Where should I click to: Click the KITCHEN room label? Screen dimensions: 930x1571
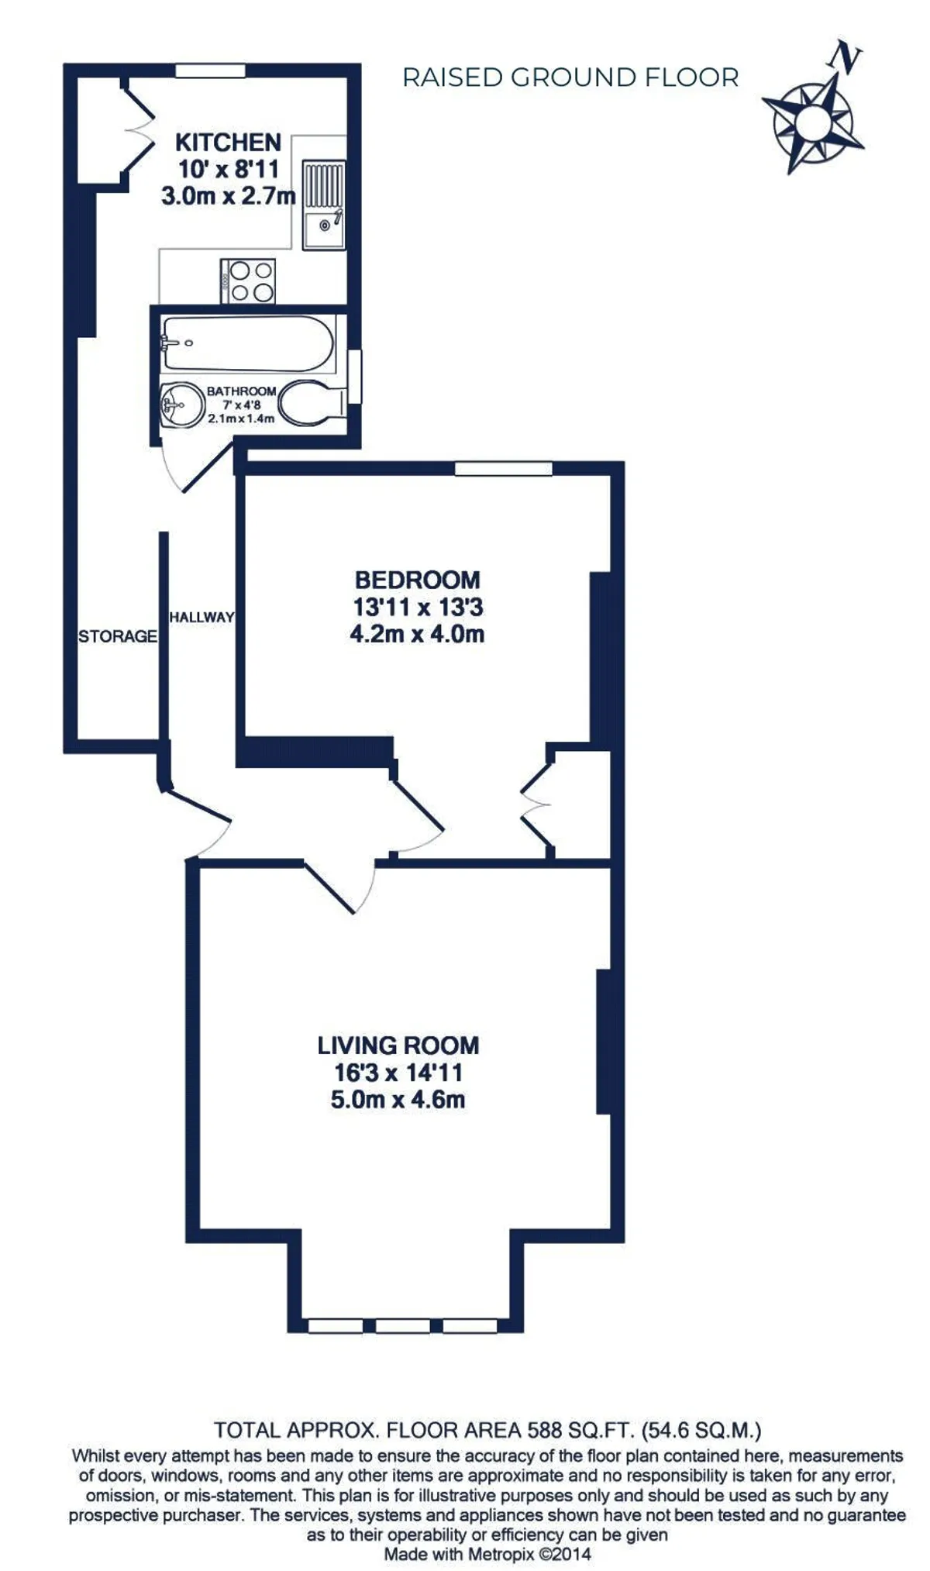228,143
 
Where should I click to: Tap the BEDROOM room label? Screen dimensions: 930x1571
417,580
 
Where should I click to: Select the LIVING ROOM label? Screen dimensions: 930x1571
398,1046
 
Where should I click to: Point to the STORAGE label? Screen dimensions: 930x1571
118,636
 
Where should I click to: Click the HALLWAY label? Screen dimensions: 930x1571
201,618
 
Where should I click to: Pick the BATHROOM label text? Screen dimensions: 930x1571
241,391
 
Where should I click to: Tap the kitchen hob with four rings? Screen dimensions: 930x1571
248,281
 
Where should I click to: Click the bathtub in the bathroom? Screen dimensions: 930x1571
247,343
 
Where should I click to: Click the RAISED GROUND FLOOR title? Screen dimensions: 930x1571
570,78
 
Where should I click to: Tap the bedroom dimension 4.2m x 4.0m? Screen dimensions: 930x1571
417,634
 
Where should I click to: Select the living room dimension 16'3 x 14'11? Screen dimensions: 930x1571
398,1073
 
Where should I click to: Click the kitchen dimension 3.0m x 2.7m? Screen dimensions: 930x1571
228,195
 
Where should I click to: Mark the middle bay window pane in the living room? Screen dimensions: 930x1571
403,1325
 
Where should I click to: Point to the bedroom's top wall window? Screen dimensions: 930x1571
504,468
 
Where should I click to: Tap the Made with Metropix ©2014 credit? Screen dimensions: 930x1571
487,1554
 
